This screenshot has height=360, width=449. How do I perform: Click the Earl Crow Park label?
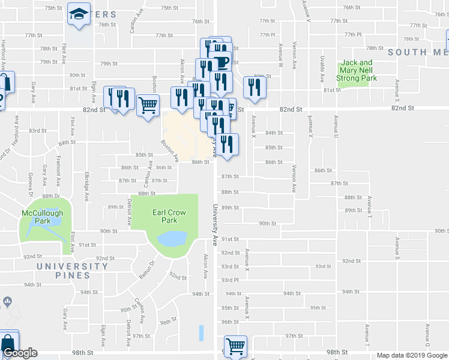point(164,216)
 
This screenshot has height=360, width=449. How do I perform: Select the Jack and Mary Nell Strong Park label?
point(357,70)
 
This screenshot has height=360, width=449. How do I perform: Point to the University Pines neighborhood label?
point(71,271)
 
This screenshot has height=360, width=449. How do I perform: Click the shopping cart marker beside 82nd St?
point(148,106)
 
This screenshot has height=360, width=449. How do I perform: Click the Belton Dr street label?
point(147,268)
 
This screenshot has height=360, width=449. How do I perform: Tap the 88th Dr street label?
point(50,196)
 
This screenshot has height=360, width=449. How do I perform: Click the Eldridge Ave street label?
point(87,188)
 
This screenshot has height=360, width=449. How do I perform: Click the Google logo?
point(20,353)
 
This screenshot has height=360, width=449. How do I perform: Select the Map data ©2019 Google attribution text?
point(412,355)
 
